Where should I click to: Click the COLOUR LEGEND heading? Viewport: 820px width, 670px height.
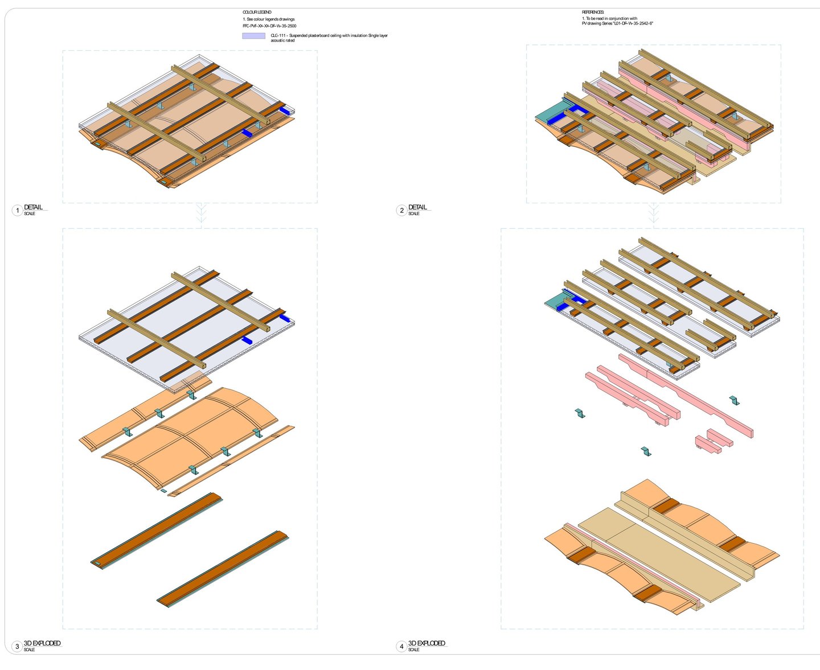click(257, 12)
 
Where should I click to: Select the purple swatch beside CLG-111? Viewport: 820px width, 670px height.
click(253, 36)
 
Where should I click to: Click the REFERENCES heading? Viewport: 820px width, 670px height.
click(593, 12)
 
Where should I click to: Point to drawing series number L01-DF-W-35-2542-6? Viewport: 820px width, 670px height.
click(633, 24)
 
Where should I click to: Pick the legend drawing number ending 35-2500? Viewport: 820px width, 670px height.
click(269, 26)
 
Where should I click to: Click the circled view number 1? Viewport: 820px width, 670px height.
click(17, 211)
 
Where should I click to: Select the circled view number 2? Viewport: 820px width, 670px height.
click(401, 211)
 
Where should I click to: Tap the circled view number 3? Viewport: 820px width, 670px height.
click(17, 647)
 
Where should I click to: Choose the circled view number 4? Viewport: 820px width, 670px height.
click(401, 647)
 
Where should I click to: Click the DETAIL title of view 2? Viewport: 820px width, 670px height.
click(417, 207)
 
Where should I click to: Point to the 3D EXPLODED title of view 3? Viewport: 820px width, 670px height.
click(42, 643)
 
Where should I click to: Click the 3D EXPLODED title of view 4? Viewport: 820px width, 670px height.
click(427, 643)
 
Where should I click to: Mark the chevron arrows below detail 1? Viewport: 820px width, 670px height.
click(201, 213)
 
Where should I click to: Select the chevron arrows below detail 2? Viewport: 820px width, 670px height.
click(654, 213)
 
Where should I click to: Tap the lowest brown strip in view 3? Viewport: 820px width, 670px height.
click(222, 569)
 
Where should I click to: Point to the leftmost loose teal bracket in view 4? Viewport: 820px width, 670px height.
click(580, 413)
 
